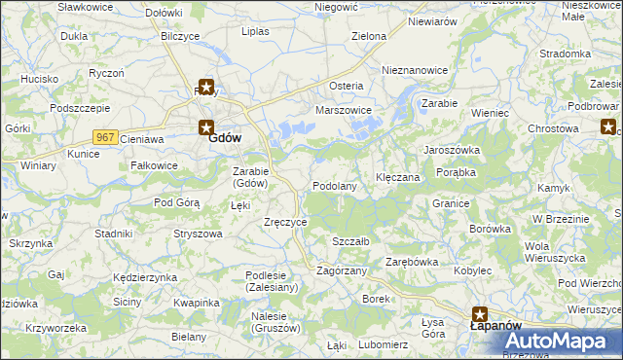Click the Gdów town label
coord(225,138)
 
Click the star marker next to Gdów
coord(205,126)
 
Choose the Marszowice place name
coord(344,111)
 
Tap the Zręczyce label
coord(286,222)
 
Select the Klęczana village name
coord(397,178)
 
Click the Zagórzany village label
coord(342,270)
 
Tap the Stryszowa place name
coord(198,234)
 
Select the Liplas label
coord(255,31)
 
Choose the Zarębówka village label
coord(412,262)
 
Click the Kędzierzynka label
coord(145,277)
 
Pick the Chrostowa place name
coord(553,128)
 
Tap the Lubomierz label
coord(383,344)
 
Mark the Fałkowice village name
coord(155,165)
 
